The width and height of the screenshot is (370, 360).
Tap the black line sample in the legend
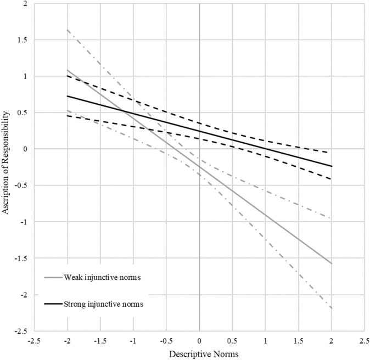click(x=53, y=304)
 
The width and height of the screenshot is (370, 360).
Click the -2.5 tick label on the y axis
click(x=18, y=331)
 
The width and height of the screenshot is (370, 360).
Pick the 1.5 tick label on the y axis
click(x=19, y=40)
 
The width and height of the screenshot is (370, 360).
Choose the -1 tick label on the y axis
click(x=20, y=222)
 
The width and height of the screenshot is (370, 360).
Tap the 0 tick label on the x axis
click(x=199, y=341)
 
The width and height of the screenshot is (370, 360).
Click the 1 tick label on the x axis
click(x=266, y=341)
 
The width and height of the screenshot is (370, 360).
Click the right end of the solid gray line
click(x=332, y=264)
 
